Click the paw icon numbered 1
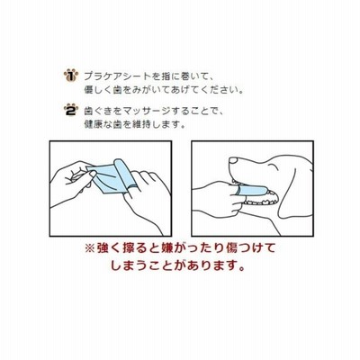pyautogui.click(x=71, y=76)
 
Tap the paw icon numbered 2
pyautogui.click(x=71, y=110)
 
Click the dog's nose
pyautogui.click(x=233, y=160)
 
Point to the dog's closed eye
pyautogui.click(x=274, y=166)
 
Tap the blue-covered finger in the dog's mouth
pyautogui.click(x=253, y=190)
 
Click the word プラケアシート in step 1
pyautogui.click(x=117, y=76)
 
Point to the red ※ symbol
pyautogui.click(x=89, y=248)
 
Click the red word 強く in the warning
pyautogui.click(x=107, y=248)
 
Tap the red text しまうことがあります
pyautogui.click(x=177, y=265)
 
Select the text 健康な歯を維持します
pyautogui.click(x=134, y=124)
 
